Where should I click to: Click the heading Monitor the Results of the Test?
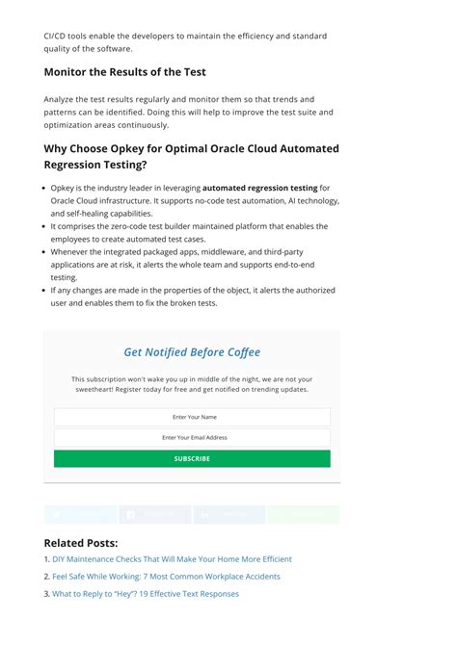(x=124, y=72)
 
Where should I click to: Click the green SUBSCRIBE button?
(x=192, y=459)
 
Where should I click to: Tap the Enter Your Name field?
(x=192, y=417)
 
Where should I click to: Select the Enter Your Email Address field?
(x=192, y=438)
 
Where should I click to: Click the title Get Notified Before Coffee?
(x=192, y=352)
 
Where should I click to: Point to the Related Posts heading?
(x=81, y=543)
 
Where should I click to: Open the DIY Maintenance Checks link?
(x=172, y=559)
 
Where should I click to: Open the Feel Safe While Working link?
(x=166, y=577)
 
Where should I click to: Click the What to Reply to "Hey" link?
(x=146, y=594)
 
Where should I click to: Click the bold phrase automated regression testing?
(x=260, y=189)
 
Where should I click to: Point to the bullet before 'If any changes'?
(x=45, y=291)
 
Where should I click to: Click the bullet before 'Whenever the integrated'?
(x=45, y=252)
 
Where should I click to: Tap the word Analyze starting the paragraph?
(x=60, y=99)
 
